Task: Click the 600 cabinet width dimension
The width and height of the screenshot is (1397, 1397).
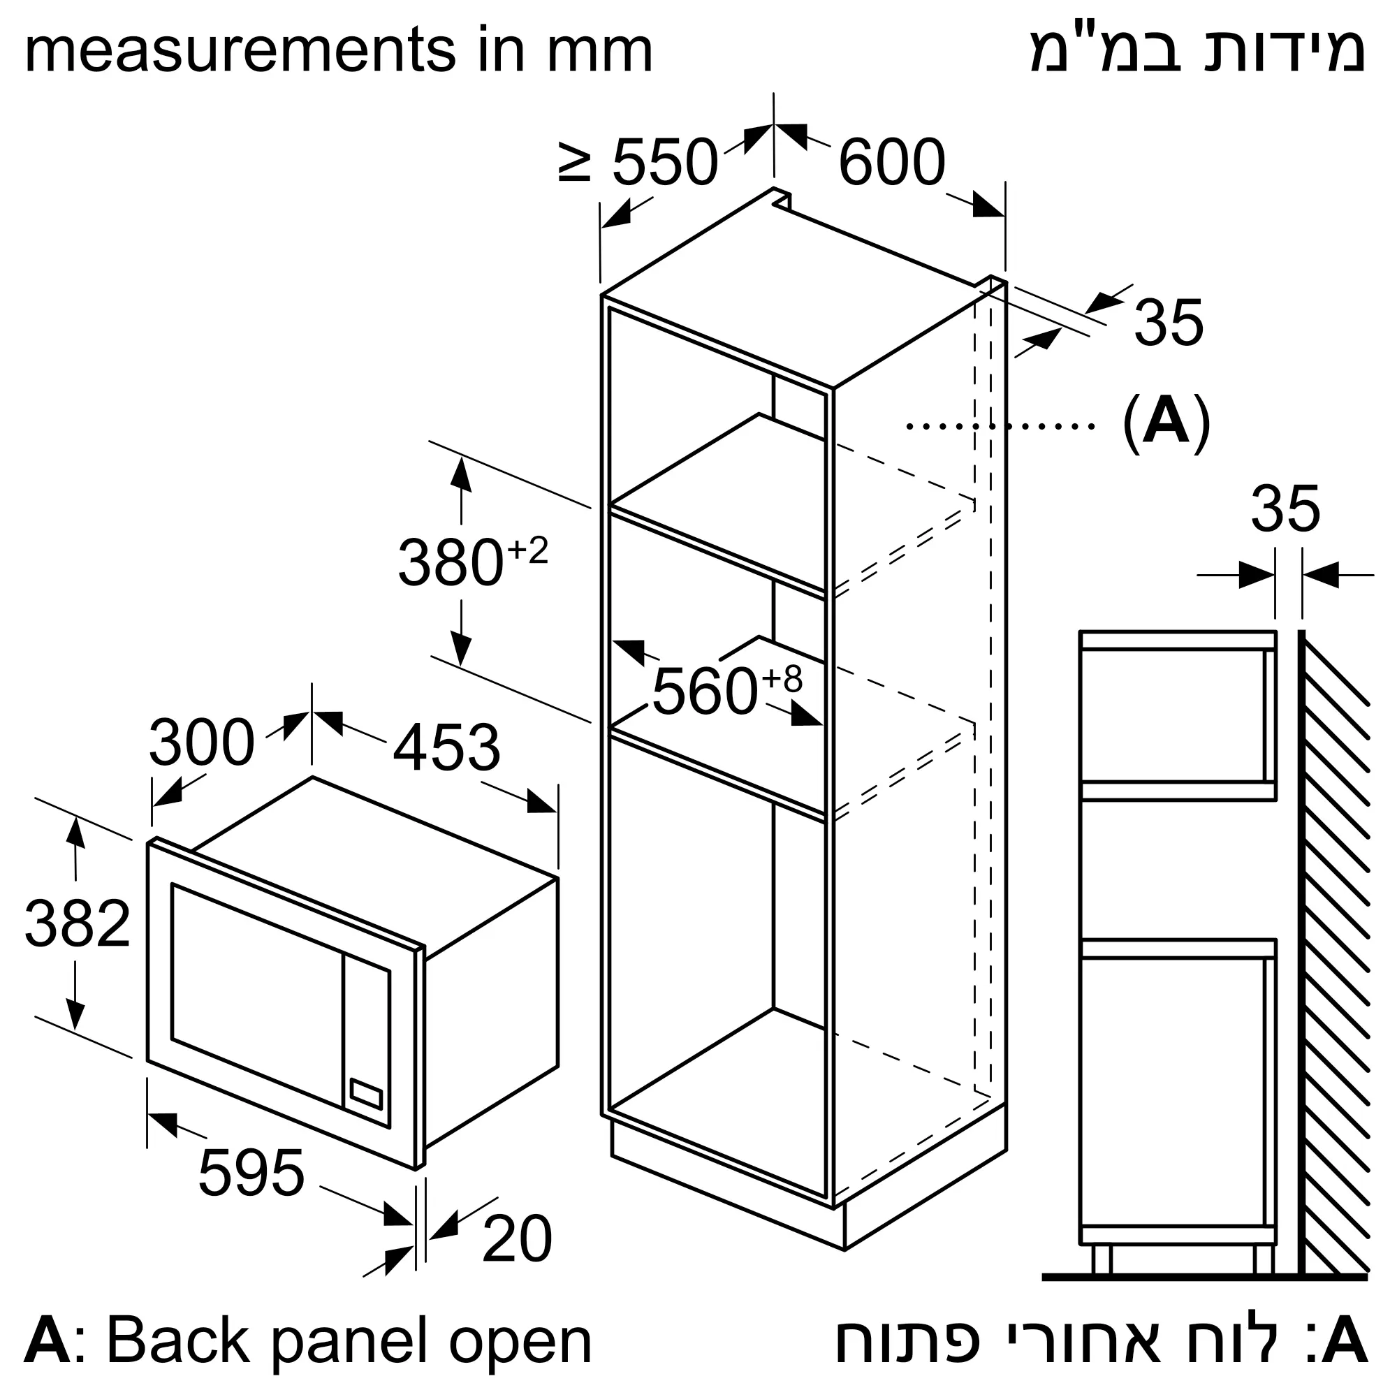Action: click(891, 161)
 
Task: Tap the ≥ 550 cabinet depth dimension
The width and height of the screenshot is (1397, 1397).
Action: click(638, 161)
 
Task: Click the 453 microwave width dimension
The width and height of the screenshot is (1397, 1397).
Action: click(446, 747)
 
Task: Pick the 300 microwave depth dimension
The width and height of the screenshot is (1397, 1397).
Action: click(202, 742)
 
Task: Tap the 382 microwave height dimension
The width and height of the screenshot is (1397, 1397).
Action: click(78, 923)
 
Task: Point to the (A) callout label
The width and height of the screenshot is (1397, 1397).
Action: click(1166, 423)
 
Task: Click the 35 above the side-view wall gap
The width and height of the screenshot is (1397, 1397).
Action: click(1286, 509)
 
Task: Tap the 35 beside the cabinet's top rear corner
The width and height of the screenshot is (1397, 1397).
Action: click(1169, 323)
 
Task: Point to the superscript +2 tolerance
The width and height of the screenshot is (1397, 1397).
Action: click(527, 550)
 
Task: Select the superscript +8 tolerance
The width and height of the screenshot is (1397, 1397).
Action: click(782, 679)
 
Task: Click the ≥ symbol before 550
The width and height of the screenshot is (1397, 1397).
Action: click(576, 161)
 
